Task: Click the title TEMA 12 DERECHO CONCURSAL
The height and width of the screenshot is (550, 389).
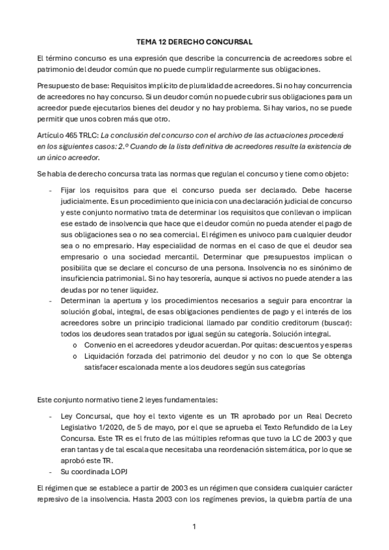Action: point(194,41)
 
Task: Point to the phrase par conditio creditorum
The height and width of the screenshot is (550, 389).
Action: point(292,323)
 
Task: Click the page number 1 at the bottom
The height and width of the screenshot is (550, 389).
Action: point(194,526)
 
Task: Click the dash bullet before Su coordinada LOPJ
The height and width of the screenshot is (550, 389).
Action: point(51,471)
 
